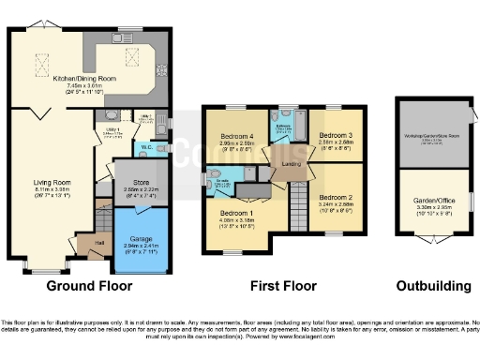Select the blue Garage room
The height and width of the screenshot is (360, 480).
click(140, 238)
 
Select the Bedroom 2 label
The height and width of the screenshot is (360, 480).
click(333, 198)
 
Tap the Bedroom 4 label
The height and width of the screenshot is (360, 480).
click(237, 137)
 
